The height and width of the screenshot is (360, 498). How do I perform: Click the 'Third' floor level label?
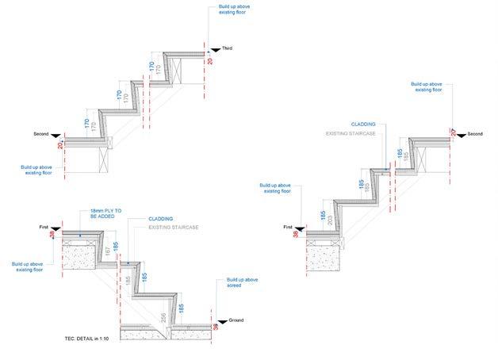(227, 49)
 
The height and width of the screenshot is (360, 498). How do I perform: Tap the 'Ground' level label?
(237, 320)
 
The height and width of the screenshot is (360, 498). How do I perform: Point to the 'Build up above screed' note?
(241, 283)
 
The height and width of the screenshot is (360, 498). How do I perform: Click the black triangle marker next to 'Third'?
(214, 49)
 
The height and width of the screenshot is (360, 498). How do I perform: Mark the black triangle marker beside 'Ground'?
(224, 320)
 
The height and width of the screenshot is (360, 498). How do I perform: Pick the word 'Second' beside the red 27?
(475, 134)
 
